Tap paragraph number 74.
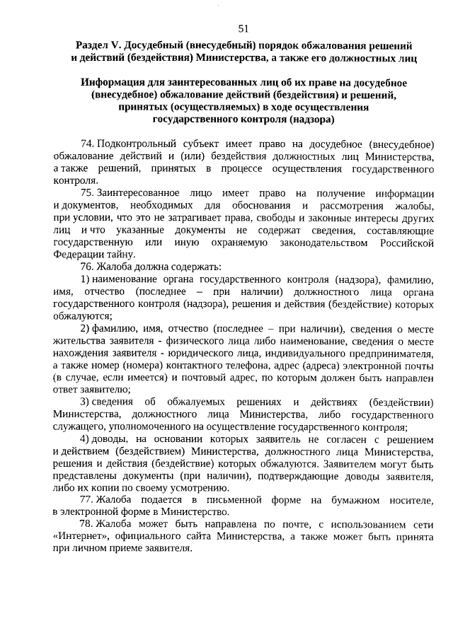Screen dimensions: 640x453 click(x=88, y=144)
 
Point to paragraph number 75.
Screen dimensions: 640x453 click(x=88, y=193)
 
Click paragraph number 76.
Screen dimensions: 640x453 click(x=88, y=267)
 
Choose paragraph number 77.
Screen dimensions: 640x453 click(x=88, y=500)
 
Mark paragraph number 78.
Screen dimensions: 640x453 click(x=88, y=525)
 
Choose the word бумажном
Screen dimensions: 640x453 click(x=340, y=501)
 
